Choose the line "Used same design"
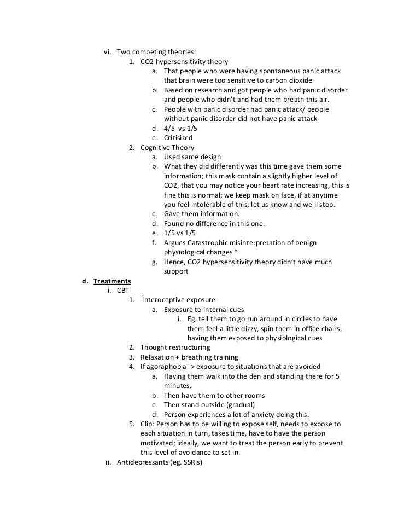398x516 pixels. tap(192, 157)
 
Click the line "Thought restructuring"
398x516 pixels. tap(175, 347)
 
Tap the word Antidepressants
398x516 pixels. tap(143, 462)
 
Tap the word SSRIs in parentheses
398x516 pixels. tap(190, 462)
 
